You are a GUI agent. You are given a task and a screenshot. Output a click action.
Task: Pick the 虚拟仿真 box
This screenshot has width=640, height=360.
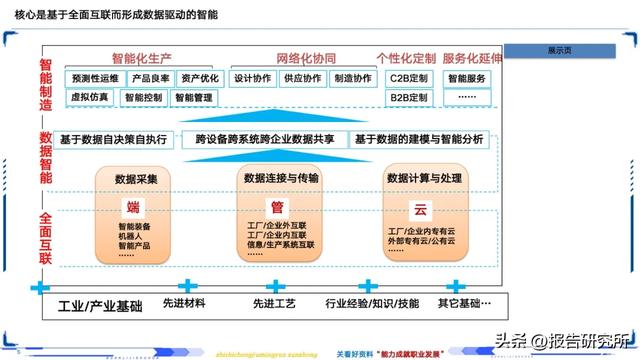(90, 97)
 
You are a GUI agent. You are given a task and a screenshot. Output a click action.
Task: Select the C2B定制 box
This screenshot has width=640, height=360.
(408, 78)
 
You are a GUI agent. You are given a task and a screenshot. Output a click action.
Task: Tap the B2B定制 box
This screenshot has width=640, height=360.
(408, 97)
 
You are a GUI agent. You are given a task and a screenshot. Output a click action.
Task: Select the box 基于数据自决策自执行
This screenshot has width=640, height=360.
(120, 140)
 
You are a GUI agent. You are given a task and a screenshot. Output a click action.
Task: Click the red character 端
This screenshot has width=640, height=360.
(133, 208)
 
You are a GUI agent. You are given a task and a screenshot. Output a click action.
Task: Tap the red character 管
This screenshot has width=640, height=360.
(277, 207)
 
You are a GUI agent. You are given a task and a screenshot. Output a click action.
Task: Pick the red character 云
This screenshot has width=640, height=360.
(421, 208)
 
